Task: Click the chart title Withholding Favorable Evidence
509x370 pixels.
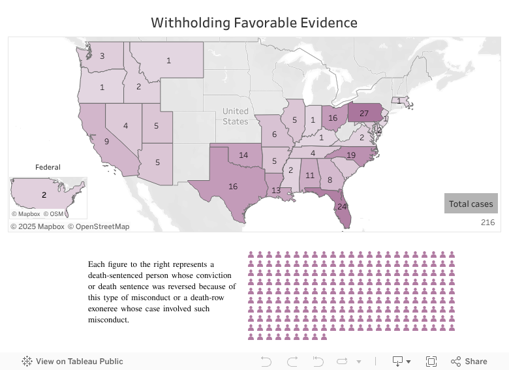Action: [x=254, y=23]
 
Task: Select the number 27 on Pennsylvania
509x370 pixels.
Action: [x=364, y=113]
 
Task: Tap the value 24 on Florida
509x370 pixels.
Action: [x=342, y=206]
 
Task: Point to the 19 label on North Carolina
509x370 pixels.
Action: [x=350, y=155]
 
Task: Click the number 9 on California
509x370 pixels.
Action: [x=106, y=140]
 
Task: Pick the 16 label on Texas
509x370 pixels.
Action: [x=232, y=186]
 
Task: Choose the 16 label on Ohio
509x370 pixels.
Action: [x=333, y=118]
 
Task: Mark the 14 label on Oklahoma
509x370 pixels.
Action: [x=243, y=155]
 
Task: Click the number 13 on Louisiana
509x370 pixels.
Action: [x=276, y=191]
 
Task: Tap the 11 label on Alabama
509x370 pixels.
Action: [x=310, y=176]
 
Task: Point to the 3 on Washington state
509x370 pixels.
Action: [x=102, y=56]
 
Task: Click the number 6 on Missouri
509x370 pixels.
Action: [x=273, y=134]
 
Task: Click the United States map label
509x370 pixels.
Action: [x=235, y=116]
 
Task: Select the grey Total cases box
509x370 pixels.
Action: [x=470, y=204]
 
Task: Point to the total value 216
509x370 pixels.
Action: [x=487, y=223]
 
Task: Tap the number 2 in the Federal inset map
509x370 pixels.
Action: [x=44, y=194]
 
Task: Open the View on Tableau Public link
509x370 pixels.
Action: [x=72, y=361]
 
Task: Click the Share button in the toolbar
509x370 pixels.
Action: [x=469, y=361]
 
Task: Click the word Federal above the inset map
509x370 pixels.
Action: [x=48, y=167]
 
